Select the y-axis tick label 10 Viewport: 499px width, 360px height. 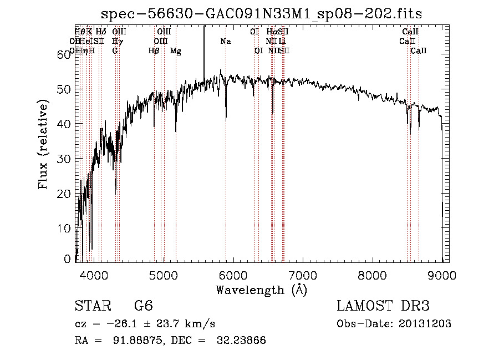point(67,229)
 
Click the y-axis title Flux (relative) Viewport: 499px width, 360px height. point(44,145)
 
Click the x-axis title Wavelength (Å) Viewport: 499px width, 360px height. point(261,290)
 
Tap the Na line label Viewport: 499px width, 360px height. point(226,42)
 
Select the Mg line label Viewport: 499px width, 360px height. point(176,51)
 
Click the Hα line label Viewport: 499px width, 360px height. point(271,32)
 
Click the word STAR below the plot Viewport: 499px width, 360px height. point(91,307)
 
